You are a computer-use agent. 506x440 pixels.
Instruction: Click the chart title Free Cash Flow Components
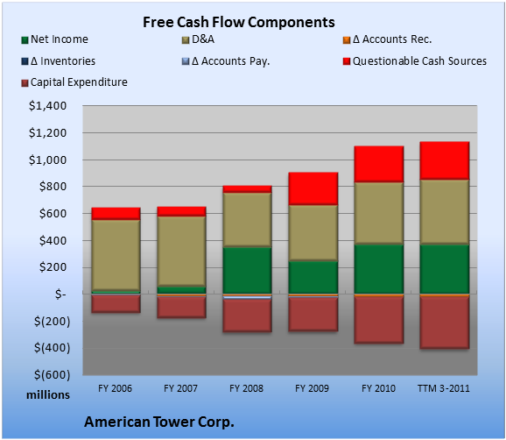239,22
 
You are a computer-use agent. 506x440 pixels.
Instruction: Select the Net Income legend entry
55,39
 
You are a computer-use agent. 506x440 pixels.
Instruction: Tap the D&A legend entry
198,39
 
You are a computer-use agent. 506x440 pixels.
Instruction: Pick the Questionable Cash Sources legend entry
415,61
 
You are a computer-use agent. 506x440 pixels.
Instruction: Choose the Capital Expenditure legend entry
74,82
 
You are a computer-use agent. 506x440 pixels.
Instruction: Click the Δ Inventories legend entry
59,61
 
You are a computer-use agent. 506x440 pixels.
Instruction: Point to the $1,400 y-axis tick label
47,106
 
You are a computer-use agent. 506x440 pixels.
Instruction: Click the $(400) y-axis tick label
52,348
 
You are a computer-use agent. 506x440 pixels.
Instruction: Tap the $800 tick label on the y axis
53,187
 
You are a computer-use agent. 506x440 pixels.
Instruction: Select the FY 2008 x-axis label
246,388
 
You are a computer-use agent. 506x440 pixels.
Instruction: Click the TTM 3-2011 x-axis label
444,388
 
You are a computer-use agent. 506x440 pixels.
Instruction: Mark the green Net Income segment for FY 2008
247,270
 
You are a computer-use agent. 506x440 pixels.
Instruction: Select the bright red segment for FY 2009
313,188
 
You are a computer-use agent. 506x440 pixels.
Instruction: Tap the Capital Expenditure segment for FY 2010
379,320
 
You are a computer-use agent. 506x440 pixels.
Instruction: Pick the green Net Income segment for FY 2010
379,269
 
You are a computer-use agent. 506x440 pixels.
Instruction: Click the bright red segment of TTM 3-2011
445,160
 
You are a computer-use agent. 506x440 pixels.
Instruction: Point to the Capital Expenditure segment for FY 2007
182,308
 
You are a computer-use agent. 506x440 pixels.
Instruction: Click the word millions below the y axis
48,395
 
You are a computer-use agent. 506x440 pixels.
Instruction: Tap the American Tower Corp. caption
159,422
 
